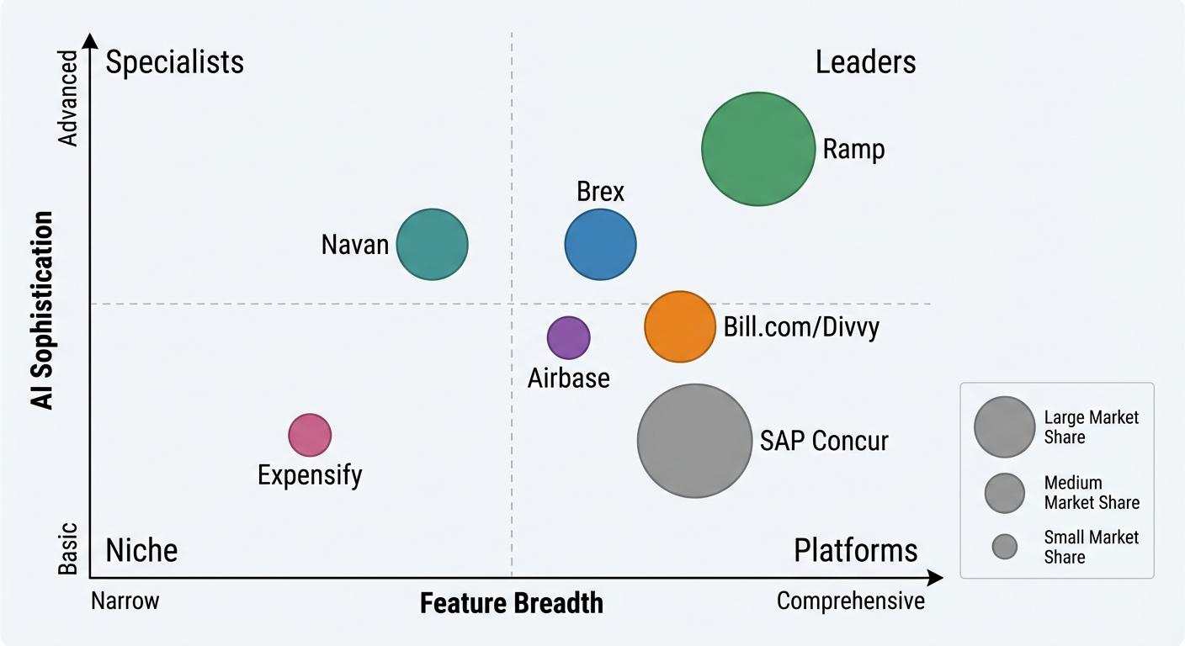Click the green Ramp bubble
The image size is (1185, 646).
coord(758,149)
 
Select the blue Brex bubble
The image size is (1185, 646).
coord(600,245)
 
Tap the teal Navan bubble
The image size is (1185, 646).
coord(432,244)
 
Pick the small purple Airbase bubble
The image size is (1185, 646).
coord(569,337)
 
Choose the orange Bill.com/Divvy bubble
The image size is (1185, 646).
coord(680,326)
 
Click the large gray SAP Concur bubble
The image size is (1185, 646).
coord(694,441)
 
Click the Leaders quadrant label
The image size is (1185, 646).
coord(865,62)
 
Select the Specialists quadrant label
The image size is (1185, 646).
coord(175,62)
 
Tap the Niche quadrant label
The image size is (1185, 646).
coord(141,550)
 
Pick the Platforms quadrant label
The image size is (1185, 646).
coord(855,550)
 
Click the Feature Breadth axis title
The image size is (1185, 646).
coord(512,603)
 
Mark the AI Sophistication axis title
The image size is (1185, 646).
coord(42,310)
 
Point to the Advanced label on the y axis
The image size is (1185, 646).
coord(68,98)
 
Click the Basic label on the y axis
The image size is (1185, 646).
coord(68,549)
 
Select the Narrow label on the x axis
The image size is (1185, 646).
coord(125,601)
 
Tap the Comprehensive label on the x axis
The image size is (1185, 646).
coord(850,601)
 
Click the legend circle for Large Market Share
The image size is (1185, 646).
coord(1004,427)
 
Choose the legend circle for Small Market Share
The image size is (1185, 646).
coord(1004,548)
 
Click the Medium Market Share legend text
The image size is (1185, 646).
coord(1092,493)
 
